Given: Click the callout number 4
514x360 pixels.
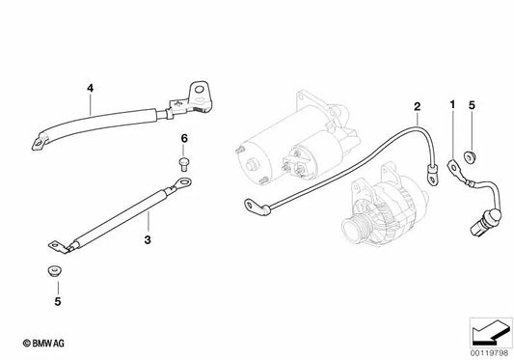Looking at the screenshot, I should (x=90, y=89).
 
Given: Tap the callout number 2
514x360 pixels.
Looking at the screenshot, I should (x=417, y=105).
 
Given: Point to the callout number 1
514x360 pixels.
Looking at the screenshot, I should (x=450, y=103).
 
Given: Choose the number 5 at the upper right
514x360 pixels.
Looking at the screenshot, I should (x=472, y=103).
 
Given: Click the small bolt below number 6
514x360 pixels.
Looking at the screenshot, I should (x=183, y=157).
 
